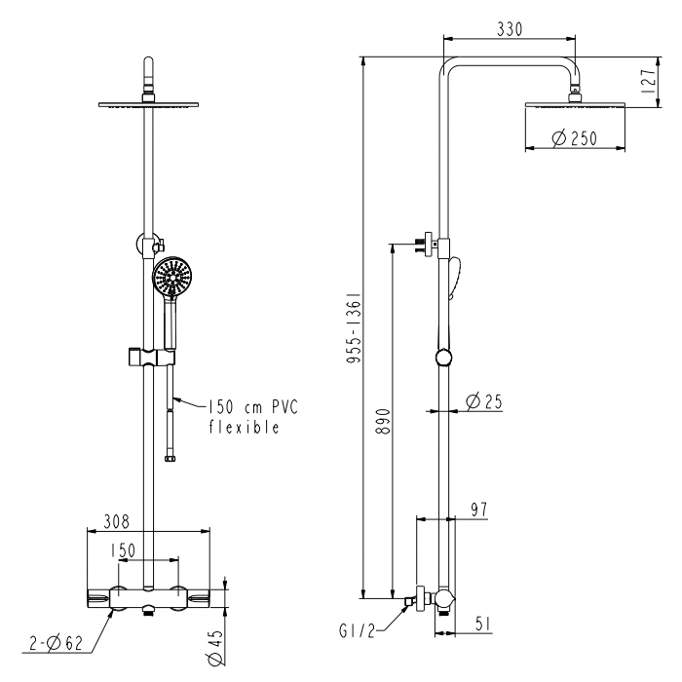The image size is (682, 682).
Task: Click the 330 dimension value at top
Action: (x=510, y=29)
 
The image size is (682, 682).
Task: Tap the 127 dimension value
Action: (x=648, y=81)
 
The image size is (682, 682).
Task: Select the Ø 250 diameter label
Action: (x=575, y=138)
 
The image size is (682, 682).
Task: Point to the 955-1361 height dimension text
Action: (x=354, y=327)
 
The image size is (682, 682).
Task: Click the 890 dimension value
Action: (x=383, y=421)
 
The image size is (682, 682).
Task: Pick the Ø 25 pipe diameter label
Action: (x=483, y=401)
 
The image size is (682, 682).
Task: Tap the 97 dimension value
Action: (x=479, y=510)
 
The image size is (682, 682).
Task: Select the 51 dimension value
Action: (x=483, y=624)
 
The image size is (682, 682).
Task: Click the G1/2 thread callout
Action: (x=357, y=630)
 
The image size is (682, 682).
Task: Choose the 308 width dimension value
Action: (x=116, y=521)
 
